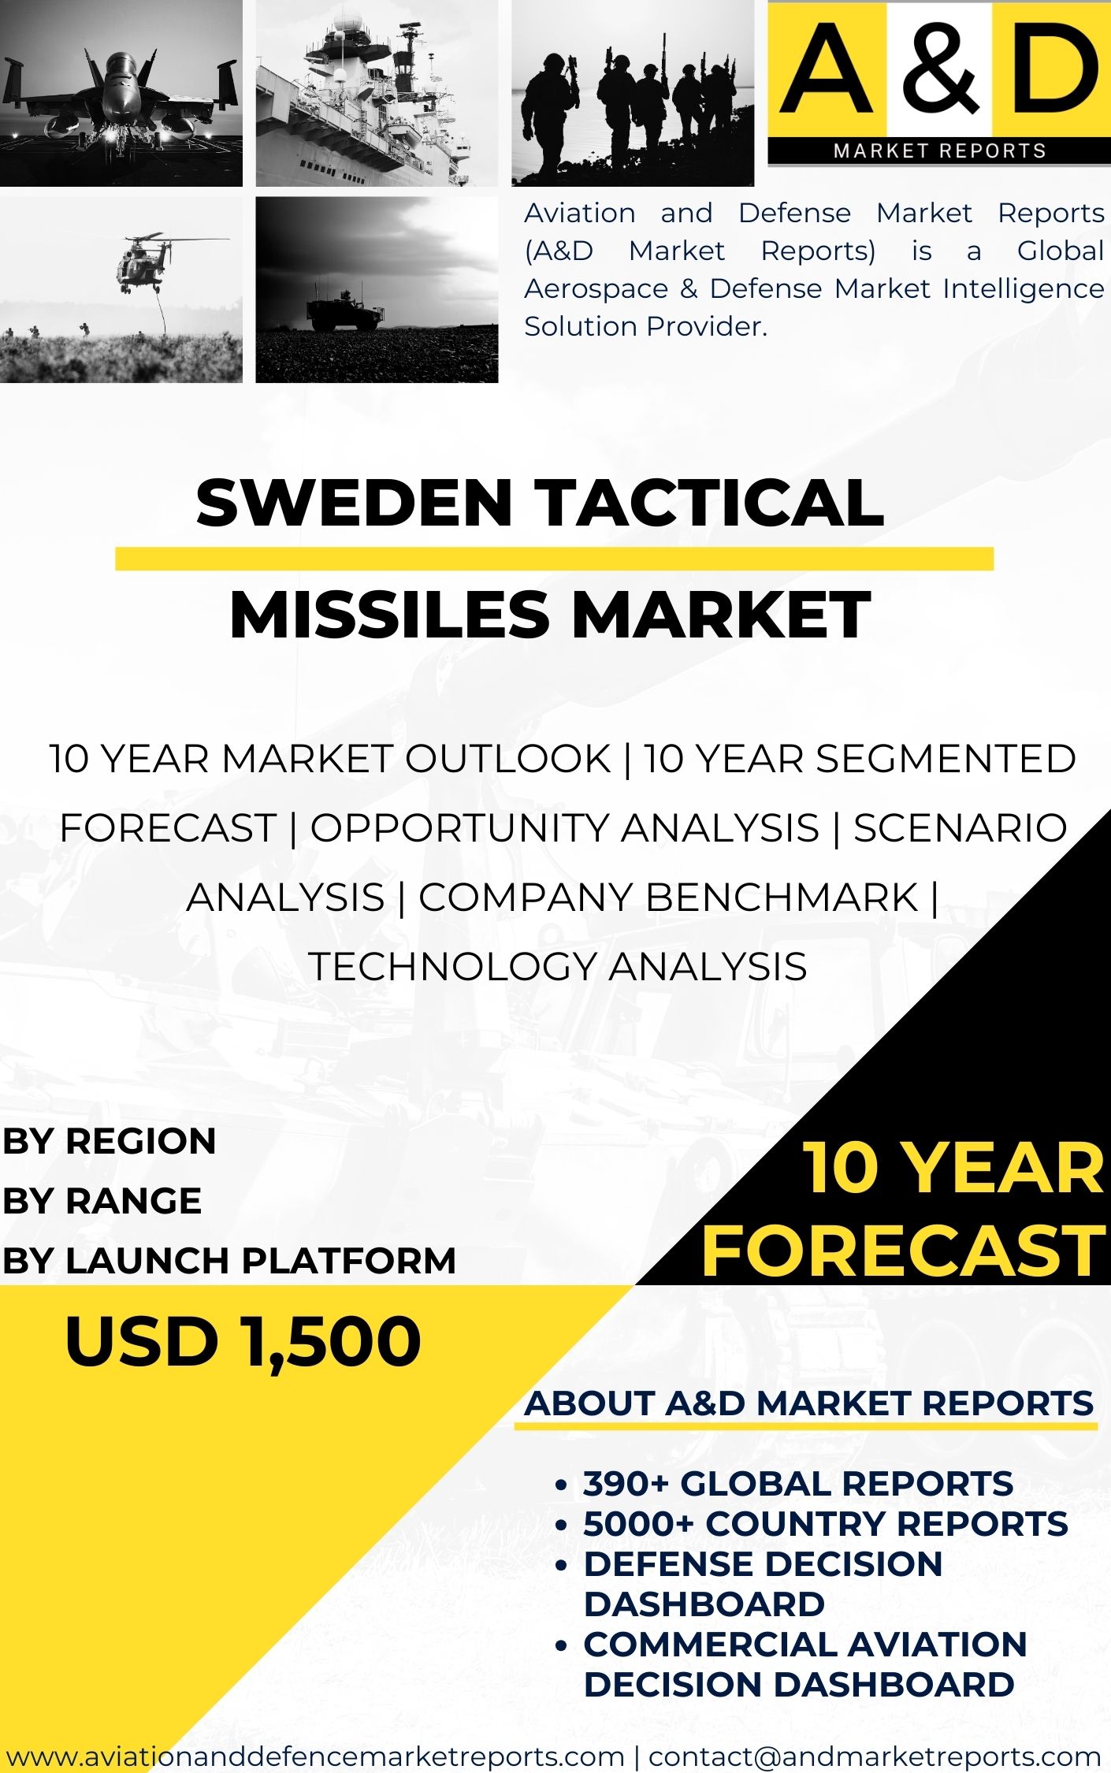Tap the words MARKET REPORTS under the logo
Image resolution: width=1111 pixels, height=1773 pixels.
point(939,151)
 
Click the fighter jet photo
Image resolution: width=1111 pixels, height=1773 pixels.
point(121,93)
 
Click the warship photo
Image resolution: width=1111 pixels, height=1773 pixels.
point(377,93)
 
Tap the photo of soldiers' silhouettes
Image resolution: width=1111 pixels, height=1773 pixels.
point(633,93)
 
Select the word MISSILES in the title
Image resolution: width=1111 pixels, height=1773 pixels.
point(389,615)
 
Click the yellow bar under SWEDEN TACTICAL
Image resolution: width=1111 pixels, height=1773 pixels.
point(554,559)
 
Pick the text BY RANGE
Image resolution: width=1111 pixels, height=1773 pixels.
point(102,1201)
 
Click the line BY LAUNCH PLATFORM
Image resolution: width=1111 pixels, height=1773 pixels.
point(229,1261)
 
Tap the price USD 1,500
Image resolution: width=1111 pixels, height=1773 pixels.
point(243,1341)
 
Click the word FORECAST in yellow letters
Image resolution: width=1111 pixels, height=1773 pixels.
point(903,1251)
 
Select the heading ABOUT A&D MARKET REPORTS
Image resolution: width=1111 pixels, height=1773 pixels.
point(808,1403)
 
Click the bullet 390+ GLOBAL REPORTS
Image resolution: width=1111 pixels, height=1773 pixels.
point(797,1484)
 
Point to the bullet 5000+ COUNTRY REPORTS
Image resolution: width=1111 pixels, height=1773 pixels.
point(825,1524)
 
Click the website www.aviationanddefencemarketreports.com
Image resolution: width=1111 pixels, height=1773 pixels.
point(315,1756)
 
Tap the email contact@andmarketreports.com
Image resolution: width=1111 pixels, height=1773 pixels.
point(875,1756)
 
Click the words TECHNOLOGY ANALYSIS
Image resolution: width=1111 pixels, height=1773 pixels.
point(557,967)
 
